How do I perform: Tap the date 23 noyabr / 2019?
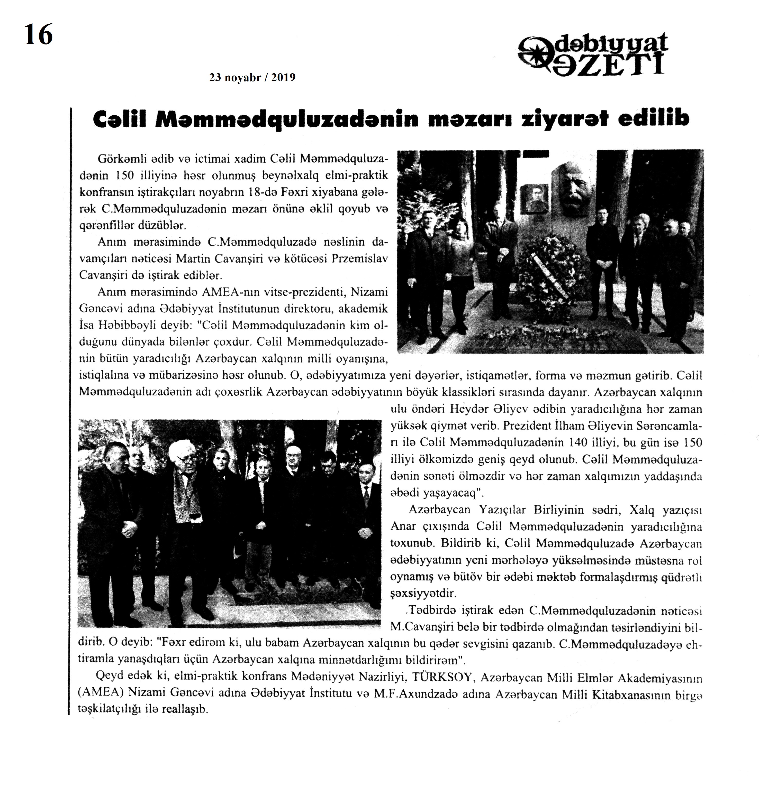252,77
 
